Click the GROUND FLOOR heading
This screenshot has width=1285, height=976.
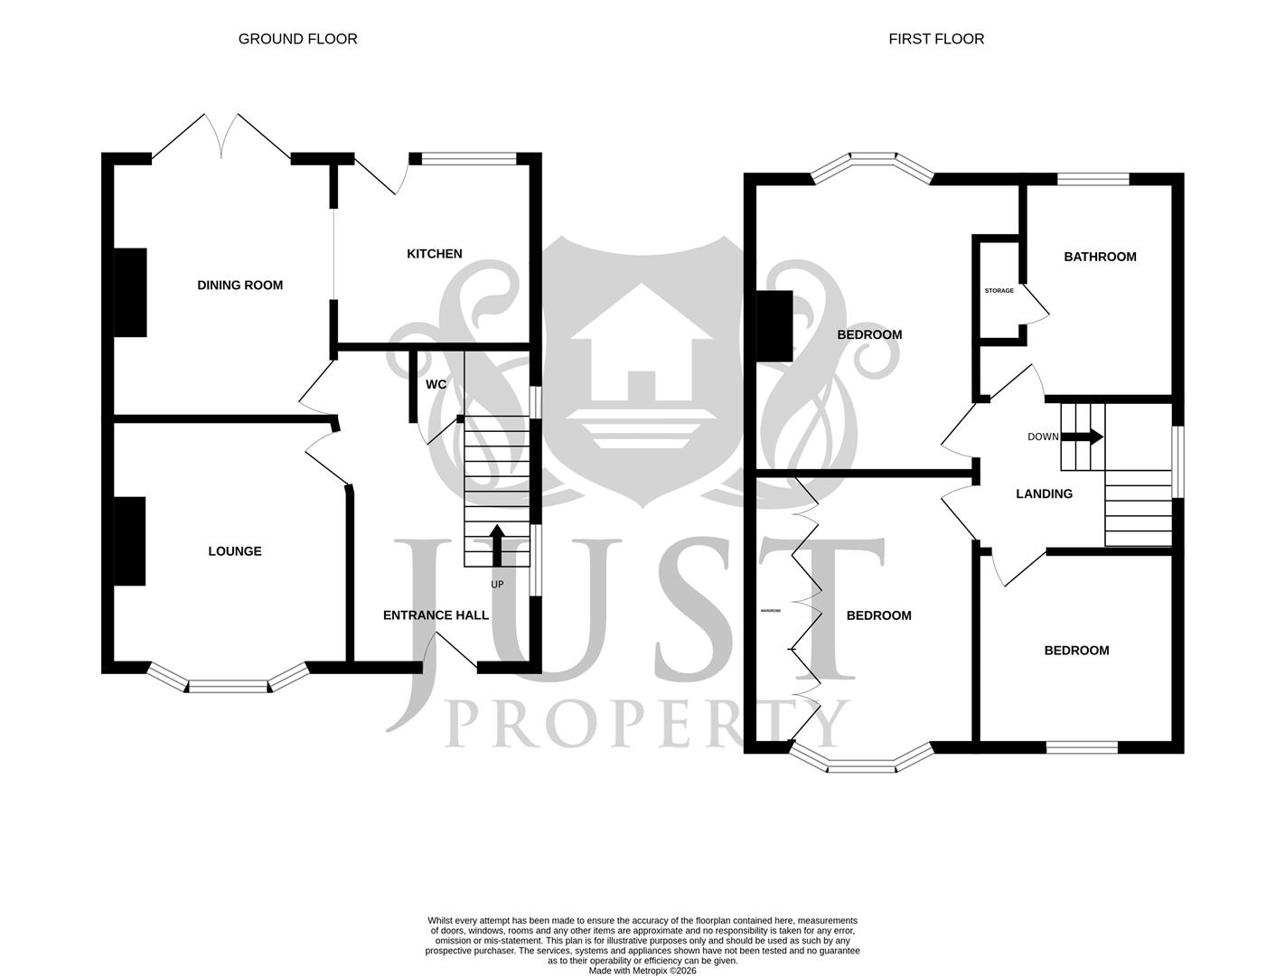(x=297, y=39)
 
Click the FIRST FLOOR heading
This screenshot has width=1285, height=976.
(x=936, y=39)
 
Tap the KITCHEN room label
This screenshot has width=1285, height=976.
(x=434, y=254)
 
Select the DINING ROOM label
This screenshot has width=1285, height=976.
(x=239, y=286)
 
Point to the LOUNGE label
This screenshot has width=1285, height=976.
(x=234, y=551)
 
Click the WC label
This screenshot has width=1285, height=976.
(x=436, y=384)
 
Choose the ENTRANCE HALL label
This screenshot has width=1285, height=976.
(x=436, y=615)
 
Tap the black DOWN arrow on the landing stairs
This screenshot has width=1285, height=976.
(x=1082, y=436)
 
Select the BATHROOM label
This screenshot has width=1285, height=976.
(x=1100, y=257)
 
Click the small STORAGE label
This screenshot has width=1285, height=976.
(x=999, y=291)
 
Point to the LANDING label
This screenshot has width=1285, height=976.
(x=1044, y=494)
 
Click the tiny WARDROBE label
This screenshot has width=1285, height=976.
(x=770, y=611)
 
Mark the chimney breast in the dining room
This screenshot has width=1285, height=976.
(x=130, y=292)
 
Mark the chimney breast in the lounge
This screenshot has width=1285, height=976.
(x=130, y=540)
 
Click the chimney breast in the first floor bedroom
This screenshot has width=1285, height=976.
(x=774, y=326)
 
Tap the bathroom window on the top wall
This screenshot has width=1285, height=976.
(x=1093, y=179)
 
